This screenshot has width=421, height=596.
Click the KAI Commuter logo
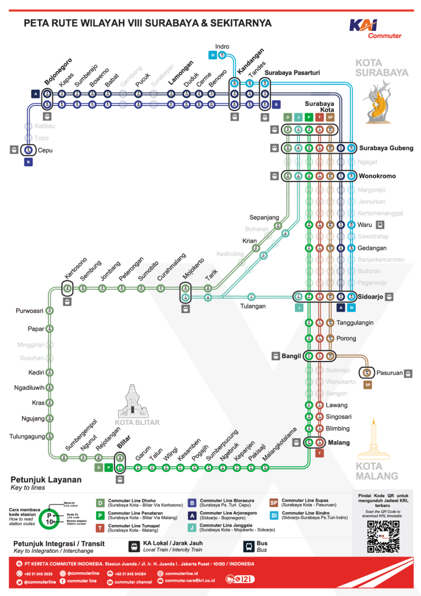point(375,28)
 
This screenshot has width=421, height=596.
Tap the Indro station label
point(222,47)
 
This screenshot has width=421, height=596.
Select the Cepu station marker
point(28,150)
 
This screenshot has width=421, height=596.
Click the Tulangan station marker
point(251,296)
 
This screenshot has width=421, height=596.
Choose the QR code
point(383,535)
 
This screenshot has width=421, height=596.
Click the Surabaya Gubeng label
point(386,148)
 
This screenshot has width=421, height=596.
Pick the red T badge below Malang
point(319,453)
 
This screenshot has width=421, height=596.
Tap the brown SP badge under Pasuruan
point(368,385)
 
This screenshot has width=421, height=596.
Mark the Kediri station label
point(36,372)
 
